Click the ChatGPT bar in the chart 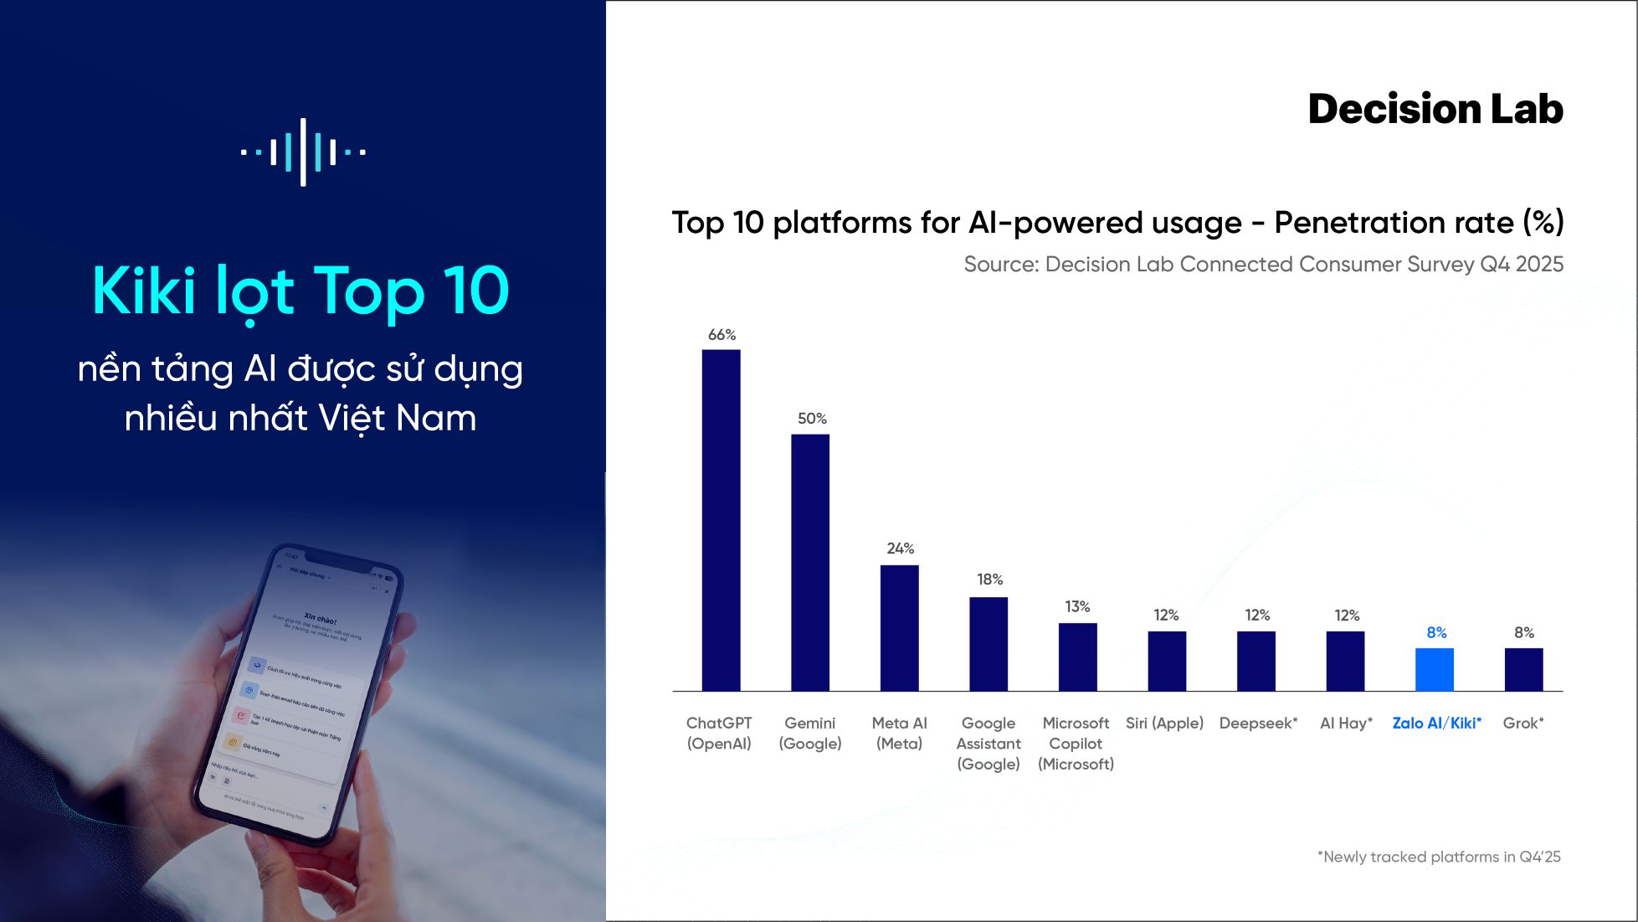pyautogui.click(x=721, y=519)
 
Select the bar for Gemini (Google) pyautogui.click(x=810, y=561)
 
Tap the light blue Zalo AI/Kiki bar pyautogui.click(x=1435, y=669)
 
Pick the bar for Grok pyautogui.click(x=1523, y=669)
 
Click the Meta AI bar pyautogui.click(x=899, y=627)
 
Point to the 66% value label pyautogui.click(x=721, y=335)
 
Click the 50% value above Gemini pyautogui.click(x=812, y=419)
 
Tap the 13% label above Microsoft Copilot pyautogui.click(x=1077, y=606)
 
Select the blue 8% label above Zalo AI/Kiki pyautogui.click(x=1436, y=632)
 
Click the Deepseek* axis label pyautogui.click(x=1258, y=724)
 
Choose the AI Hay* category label pyautogui.click(x=1346, y=724)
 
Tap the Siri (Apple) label pyautogui.click(x=1164, y=724)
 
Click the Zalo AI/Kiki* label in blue pyautogui.click(x=1436, y=724)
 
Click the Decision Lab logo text pyautogui.click(x=1435, y=109)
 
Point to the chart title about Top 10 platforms pyautogui.click(x=1117, y=223)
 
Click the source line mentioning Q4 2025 pyautogui.click(x=1263, y=265)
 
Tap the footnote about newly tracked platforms pyautogui.click(x=1439, y=857)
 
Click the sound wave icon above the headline pyautogui.click(x=303, y=152)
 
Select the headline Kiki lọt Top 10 pyautogui.click(x=300, y=291)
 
